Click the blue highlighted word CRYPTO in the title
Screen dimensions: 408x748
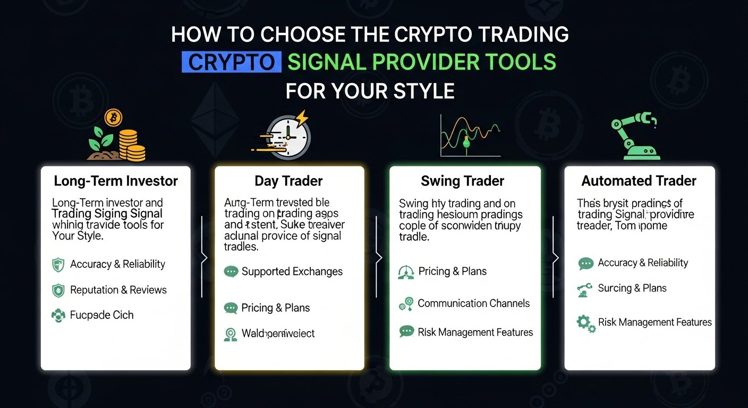tap(231, 62)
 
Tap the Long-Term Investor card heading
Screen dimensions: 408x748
tap(115, 181)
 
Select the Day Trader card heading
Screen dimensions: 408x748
tap(288, 181)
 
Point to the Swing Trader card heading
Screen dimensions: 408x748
tap(462, 181)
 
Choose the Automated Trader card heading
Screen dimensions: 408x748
tap(639, 181)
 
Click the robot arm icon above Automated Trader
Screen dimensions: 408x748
tap(634, 137)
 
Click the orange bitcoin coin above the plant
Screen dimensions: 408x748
tap(113, 117)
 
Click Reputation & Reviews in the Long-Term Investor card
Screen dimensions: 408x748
tap(118, 290)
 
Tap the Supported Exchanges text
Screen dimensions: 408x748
tap(292, 271)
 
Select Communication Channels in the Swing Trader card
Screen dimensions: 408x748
tap(474, 303)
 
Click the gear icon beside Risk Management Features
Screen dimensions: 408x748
tap(585, 323)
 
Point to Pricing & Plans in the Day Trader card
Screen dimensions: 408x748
tap(275, 308)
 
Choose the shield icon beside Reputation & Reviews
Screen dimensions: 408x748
tap(58, 290)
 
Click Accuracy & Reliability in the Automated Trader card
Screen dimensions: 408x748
tap(643, 263)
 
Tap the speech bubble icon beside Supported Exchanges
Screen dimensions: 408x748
tap(231, 272)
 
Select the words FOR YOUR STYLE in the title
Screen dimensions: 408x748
tap(370, 91)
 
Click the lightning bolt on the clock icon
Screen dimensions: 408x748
tap(301, 117)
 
